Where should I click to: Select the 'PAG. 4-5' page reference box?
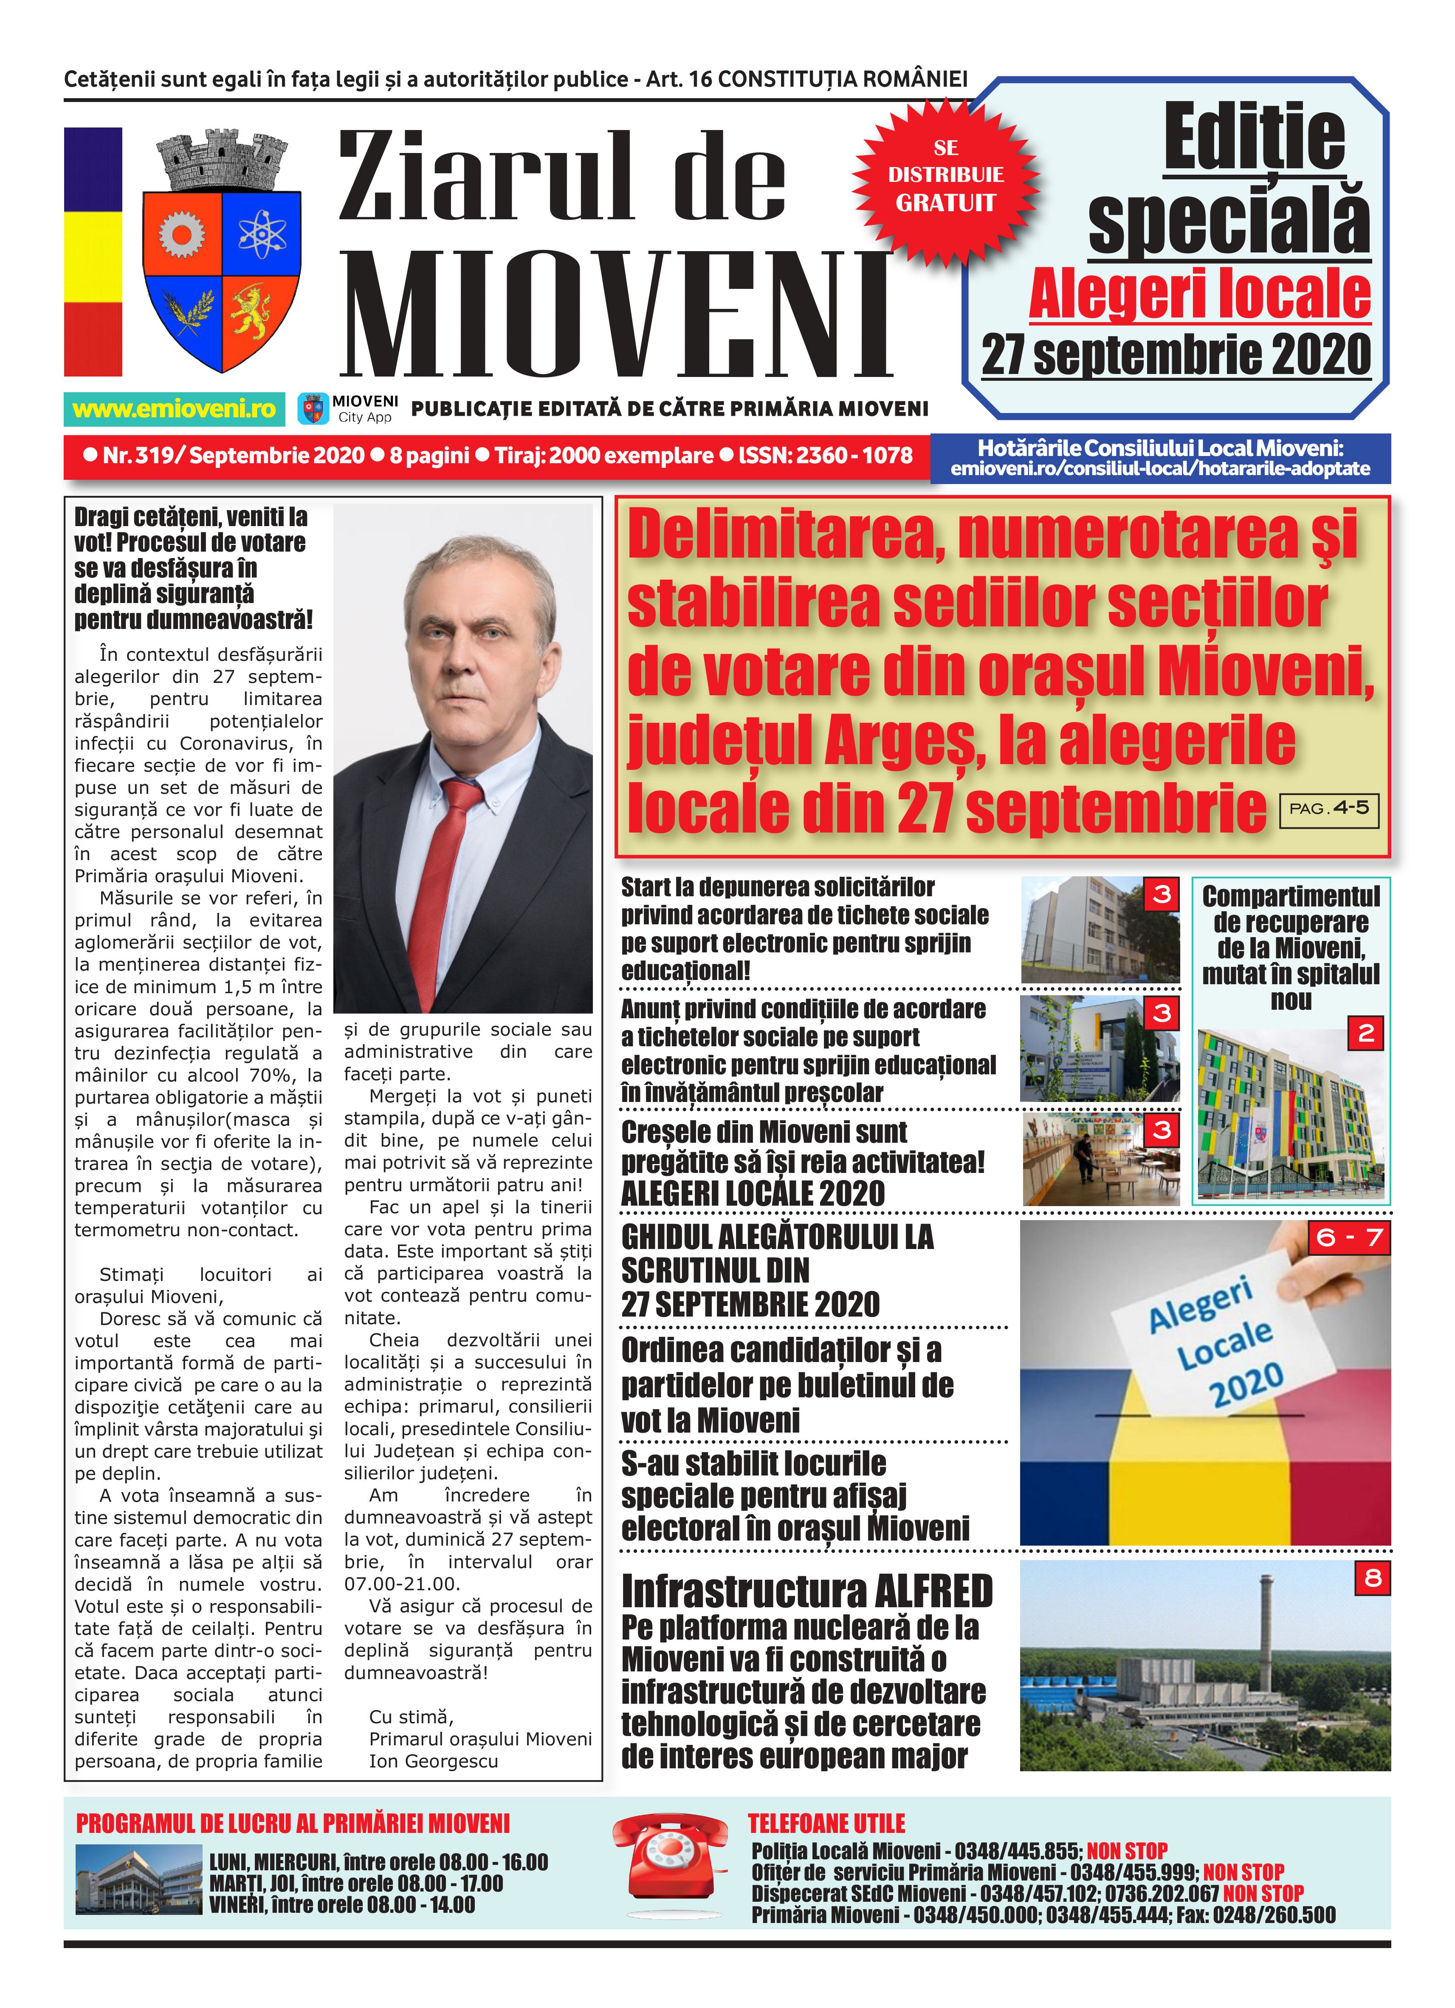(1328, 808)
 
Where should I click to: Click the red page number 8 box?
(1372, 1578)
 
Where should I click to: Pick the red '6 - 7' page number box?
(1349, 1237)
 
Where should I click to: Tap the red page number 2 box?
(1366, 1033)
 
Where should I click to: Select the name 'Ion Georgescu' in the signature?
(433, 1762)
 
